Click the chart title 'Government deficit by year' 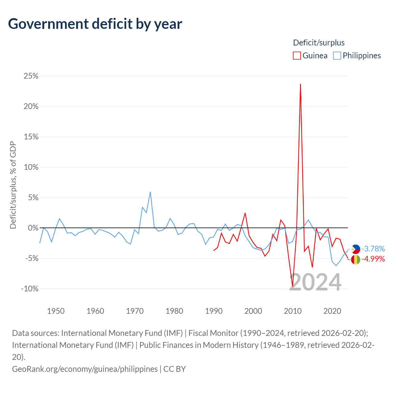(x=95, y=24)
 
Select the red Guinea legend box (x=297, y=56)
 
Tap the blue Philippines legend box (x=337, y=56)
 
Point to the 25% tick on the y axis (x=31, y=76)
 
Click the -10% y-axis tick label (x=30, y=289)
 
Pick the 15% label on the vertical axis (x=31, y=137)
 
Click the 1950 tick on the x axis (x=56, y=311)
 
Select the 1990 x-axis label (x=214, y=311)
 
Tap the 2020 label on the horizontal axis (x=332, y=311)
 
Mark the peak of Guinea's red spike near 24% (x=300, y=84)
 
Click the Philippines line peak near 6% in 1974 (x=150, y=192)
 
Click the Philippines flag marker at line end (x=356, y=249)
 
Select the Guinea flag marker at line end (x=356, y=259)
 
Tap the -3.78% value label (x=373, y=249)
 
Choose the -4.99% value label (x=373, y=259)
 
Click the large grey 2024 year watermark (x=315, y=282)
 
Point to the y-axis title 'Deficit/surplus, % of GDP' (x=13, y=185)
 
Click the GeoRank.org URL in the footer (x=85, y=369)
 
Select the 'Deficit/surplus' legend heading (x=319, y=43)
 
